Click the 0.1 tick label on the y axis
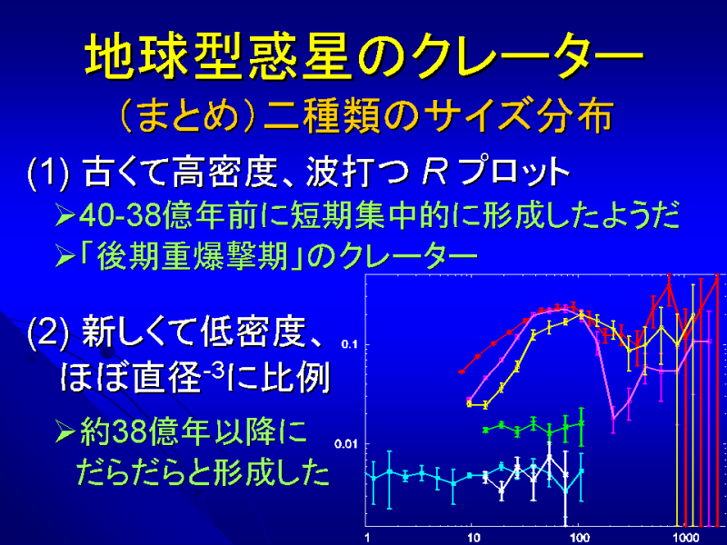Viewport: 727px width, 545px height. [x=349, y=344]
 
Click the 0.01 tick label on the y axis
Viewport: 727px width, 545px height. [x=346, y=444]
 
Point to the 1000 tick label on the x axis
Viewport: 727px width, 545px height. [x=686, y=538]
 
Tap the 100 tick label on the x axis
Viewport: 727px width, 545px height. [x=580, y=538]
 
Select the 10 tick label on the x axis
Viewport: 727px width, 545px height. [x=473, y=538]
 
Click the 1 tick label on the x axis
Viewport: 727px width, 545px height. [x=367, y=538]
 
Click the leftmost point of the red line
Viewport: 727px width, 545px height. [x=462, y=372]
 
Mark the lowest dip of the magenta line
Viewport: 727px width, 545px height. [x=612, y=419]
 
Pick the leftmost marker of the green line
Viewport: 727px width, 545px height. [x=485, y=430]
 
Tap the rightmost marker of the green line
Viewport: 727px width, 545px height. [x=582, y=423]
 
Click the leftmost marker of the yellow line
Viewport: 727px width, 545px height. [x=469, y=404]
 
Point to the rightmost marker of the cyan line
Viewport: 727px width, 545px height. [x=582, y=471]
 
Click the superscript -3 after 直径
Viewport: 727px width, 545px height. [x=214, y=368]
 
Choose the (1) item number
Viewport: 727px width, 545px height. [x=48, y=173]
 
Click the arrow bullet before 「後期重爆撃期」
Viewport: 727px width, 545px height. [x=65, y=257]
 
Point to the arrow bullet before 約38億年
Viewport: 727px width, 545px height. [x=65, y=431]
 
